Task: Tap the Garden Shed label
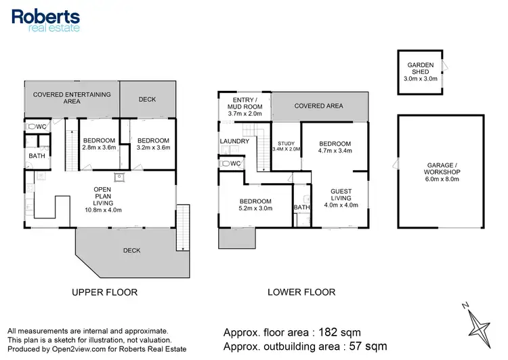click(420, 70)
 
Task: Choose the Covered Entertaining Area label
click(72, 98)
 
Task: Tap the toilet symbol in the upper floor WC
click(31, 127)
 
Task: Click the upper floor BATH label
click(35, 156)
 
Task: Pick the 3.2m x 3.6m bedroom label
click(152, 142)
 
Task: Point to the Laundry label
click(234, 141)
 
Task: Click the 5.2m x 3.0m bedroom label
click(255, 205)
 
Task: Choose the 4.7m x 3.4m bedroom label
click(335, 148)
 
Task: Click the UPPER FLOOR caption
click(104, 292)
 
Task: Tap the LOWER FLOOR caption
click(302, 292)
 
